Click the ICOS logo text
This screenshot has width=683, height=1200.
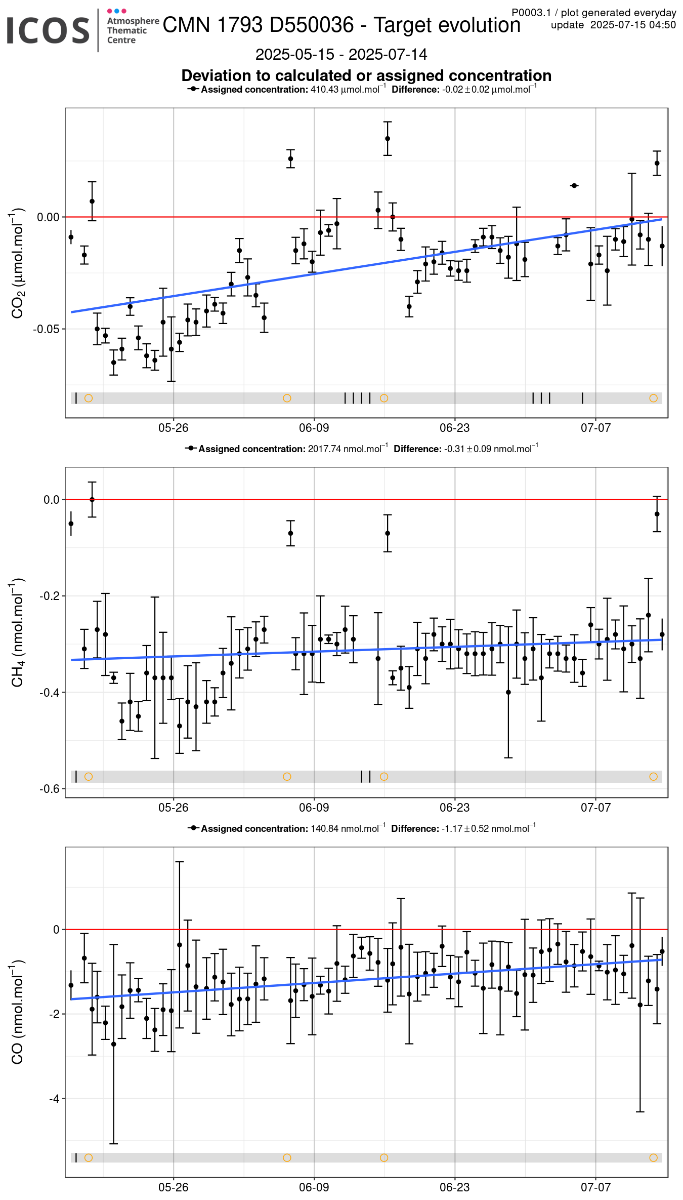tap(48, 30)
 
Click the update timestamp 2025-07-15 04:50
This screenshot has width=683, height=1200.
tap(633, 25)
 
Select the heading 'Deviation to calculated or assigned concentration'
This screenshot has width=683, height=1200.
tap(366, 75)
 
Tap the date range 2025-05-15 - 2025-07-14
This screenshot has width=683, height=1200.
tap(341, 54)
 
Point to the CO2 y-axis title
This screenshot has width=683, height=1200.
tap(17, 263)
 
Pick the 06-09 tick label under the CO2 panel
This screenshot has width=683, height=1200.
tap(314, 428)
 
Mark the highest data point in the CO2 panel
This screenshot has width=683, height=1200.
tap(388, 138)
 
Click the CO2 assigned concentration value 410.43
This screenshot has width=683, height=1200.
tap(324, 90)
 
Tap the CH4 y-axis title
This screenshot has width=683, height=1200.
tap(17, 632)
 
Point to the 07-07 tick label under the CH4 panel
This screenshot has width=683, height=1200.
tap(595, 808)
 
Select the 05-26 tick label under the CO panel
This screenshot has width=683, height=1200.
tap(173, 1187)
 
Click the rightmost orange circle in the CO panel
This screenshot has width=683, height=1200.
tap(654, 1157)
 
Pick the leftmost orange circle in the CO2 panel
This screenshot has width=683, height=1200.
tap(89, 398)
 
